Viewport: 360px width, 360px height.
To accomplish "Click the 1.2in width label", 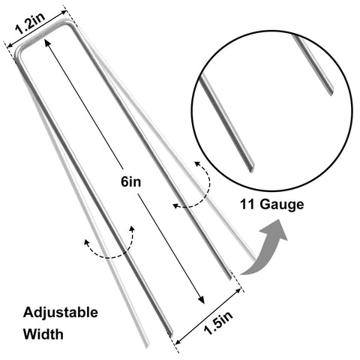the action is tap(30, 23).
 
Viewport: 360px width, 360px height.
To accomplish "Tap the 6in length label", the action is tap(130, 181).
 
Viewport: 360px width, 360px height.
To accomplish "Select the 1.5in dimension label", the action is tap(218, 323).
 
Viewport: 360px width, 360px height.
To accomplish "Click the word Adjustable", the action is tap(61, 313).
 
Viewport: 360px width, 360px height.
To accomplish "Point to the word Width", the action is tap(43, 334).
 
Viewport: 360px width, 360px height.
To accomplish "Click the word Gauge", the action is tap(282, 205).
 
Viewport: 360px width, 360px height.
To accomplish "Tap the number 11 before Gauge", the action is tap(247, 204).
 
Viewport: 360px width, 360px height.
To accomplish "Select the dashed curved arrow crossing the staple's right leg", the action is tap(200, 190).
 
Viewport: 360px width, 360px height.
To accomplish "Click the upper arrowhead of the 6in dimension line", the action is tap(47, 43).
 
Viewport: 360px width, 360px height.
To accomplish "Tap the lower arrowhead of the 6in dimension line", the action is tap(201, 299).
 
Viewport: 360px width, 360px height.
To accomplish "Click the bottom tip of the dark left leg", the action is tap(170, 333).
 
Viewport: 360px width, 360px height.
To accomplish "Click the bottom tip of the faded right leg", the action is tap(253, 257).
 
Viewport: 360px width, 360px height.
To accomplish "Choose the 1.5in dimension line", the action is tap(208, 316).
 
